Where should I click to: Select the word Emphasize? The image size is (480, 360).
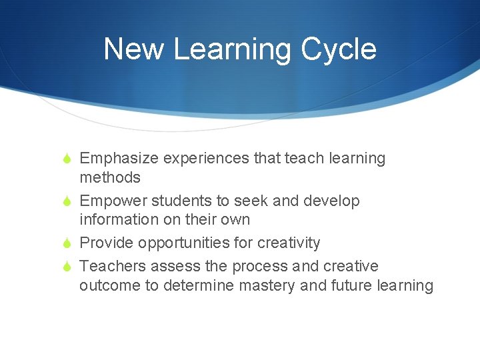(x=118, y=159)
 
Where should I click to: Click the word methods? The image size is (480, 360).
(x=110, y=177)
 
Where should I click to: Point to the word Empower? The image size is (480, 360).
(x=113, y=201)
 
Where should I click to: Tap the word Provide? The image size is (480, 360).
(x=106, y=243)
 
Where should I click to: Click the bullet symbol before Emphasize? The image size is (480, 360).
(x=65, y=159)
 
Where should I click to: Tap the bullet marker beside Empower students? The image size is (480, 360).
(x=65, y=201)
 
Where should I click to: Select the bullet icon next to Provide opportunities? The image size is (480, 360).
(x=65, y=243)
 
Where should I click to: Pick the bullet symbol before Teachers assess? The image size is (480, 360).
(x=65, y=267)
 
